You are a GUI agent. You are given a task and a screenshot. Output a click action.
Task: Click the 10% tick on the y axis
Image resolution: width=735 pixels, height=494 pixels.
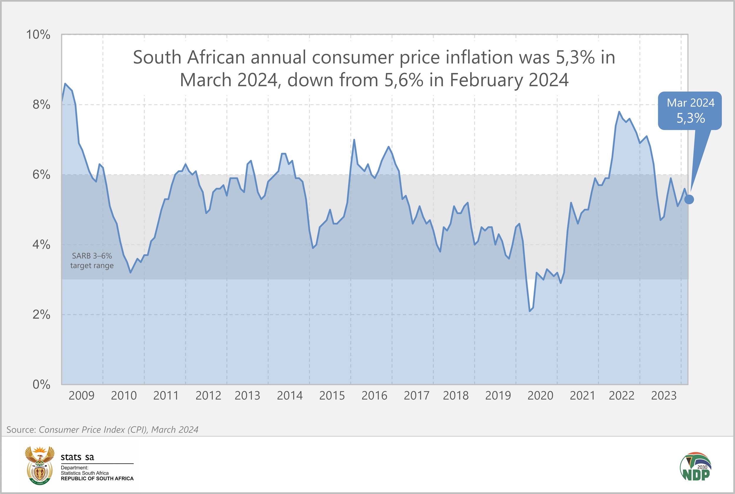pyautogui.click(x=38, y=35)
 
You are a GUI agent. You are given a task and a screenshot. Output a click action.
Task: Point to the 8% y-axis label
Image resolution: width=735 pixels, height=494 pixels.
pyautogui.click(x=41, y=105)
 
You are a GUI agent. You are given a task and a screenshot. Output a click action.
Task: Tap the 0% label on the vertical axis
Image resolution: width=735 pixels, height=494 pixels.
pyautogui.click(x=41, y=384)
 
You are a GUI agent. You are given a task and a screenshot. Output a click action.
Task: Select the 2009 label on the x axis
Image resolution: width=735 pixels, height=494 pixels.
pyautogui.click(x=81, y=395)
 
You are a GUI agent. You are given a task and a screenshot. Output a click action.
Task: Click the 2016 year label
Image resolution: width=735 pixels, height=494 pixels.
pyautogui.click(x=374, y=395)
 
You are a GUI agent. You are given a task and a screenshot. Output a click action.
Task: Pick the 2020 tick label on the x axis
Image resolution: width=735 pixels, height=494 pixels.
pyautogui.click(x=540, y=395)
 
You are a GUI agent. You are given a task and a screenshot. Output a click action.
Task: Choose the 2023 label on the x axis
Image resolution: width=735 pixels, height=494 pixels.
pyautogui.click(x=664, y=395)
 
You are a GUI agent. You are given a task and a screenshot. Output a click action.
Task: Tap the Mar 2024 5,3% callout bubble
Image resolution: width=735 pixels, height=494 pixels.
pyautogui.click(x=690, y=110)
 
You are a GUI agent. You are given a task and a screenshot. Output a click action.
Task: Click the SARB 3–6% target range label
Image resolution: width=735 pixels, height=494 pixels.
pyautogui.click(x=92, y=261)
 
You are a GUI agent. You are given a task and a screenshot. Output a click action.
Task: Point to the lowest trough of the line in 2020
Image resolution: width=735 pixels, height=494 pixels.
pyautogui.click(x=530, y=311)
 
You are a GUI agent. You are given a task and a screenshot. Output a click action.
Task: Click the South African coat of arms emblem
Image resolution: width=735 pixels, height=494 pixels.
pyautogui.click(x=39, y=465)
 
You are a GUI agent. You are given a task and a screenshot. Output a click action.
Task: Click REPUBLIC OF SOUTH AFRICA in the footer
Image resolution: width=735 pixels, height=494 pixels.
pyautogui.click(x=97, y=478)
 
